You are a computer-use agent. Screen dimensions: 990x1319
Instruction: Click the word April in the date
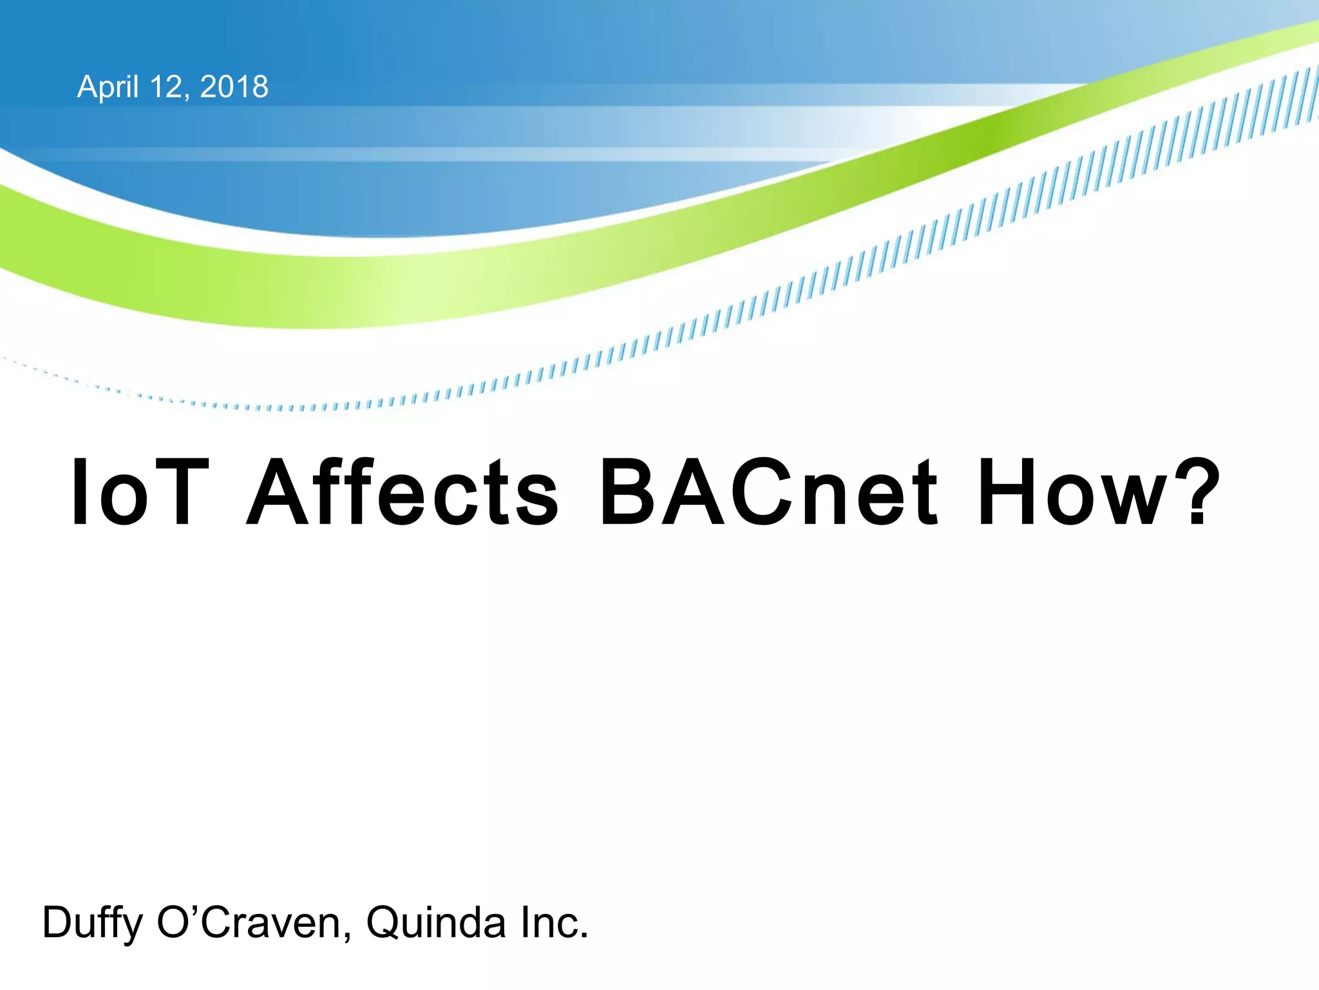108,87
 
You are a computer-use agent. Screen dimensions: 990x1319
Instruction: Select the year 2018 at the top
234,87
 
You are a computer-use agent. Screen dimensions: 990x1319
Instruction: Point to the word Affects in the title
403,492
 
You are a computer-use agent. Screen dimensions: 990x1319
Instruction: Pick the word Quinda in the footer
436,923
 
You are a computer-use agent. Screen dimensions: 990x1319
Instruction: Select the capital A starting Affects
283,492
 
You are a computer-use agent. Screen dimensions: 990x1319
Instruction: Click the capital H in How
1010,492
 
